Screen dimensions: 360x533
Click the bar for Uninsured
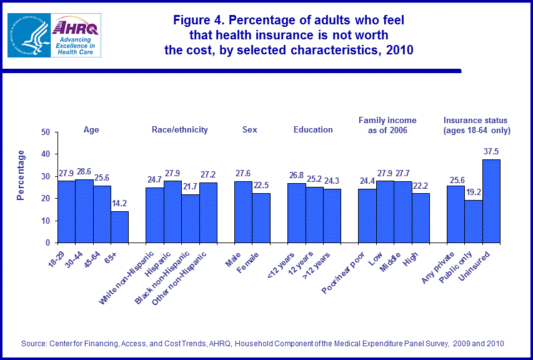491,201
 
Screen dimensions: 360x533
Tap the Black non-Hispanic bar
191,219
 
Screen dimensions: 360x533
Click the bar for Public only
473,221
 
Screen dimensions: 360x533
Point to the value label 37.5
491,152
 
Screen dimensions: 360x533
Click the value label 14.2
120,204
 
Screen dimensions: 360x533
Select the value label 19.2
473,192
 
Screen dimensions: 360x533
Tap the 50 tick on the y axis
46,132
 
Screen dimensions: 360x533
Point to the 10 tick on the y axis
46,221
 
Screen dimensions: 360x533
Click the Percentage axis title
21,175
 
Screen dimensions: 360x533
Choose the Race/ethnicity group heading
179,130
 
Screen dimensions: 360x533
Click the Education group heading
313,130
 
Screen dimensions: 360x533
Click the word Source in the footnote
34,343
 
